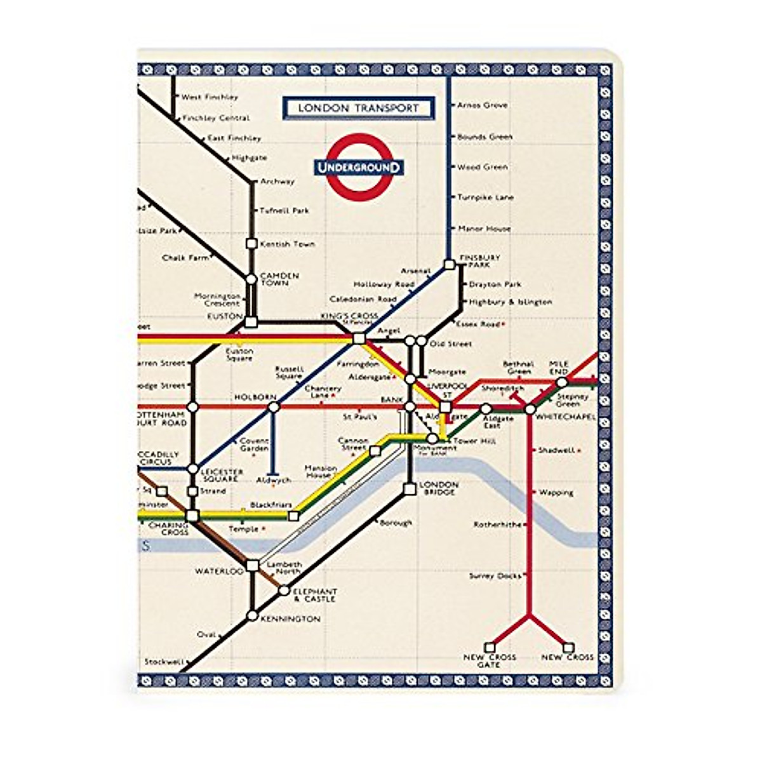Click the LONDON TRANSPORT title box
coord(358,108)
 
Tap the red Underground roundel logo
coord(359,167)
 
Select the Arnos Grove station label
coord(482,105)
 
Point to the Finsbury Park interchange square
coord(450,264)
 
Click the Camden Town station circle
coord(251,279)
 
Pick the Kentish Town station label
coord(287,244)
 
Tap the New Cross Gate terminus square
coord(490,647)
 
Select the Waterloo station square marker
coord(252,565)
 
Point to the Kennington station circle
coord(252,615)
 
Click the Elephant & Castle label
coord(315,595)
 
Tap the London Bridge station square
coord(410,489)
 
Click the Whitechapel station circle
coord(530,410)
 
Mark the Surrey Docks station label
coord(495,576)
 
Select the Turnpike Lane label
coord(485,197)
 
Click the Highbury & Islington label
coord(510,302)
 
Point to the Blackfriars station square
coord(293,516)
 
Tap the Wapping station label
coord(556,493)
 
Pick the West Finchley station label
coord(210,97)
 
